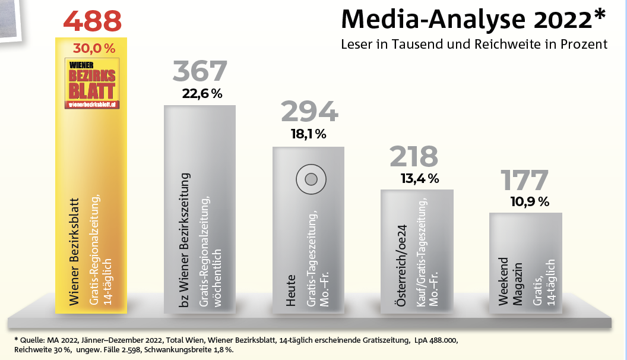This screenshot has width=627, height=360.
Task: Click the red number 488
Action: pyautogui.click(x=92, y=21)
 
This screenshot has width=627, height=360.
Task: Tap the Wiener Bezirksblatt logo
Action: pyautogui.click(x=92, y=84)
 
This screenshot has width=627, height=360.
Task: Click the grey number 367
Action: pyautogui.click(x=200, y=71)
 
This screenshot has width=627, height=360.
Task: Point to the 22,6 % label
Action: pyautogui.click(x=202, y=93)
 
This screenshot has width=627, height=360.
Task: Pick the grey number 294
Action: pyautogui.click(x=309, y=112)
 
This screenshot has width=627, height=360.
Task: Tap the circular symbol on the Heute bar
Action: pyautogui.click(x=309, y=178)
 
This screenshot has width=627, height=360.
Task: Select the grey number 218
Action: pyautogui.click(x=414, y=157)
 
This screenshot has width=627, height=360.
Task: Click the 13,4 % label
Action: pyautogui.click(x=419, y=178)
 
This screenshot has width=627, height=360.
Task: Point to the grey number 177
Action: pyautogui.click(x=524, y=181)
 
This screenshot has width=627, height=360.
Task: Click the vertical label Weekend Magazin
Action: pyautogui.click(x=511, y=282)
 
